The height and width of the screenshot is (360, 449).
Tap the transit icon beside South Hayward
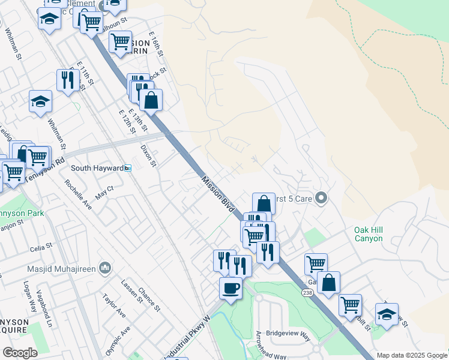coord(128,168)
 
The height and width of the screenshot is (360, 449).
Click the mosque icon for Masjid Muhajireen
coord(106,266)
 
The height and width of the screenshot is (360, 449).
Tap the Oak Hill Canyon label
coord(368,234)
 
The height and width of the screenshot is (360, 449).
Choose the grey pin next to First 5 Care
coord(321,197)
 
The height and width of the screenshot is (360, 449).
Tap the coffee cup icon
coord(231,289)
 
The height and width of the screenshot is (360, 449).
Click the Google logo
coord(20,353)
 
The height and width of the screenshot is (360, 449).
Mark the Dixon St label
coord(148,155)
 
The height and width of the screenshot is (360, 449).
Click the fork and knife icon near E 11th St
coord(68,80)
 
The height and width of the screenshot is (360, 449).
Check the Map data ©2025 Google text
coord(411,355)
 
